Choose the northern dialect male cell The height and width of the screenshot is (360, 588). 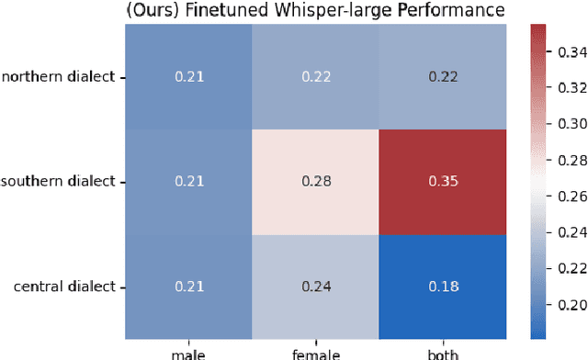188,76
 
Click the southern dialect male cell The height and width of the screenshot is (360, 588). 188,182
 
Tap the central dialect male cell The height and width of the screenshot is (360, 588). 188,287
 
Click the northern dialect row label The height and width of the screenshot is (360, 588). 59,76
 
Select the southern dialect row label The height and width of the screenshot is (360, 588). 59,182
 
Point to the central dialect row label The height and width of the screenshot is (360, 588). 64,287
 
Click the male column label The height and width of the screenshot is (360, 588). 188,353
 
